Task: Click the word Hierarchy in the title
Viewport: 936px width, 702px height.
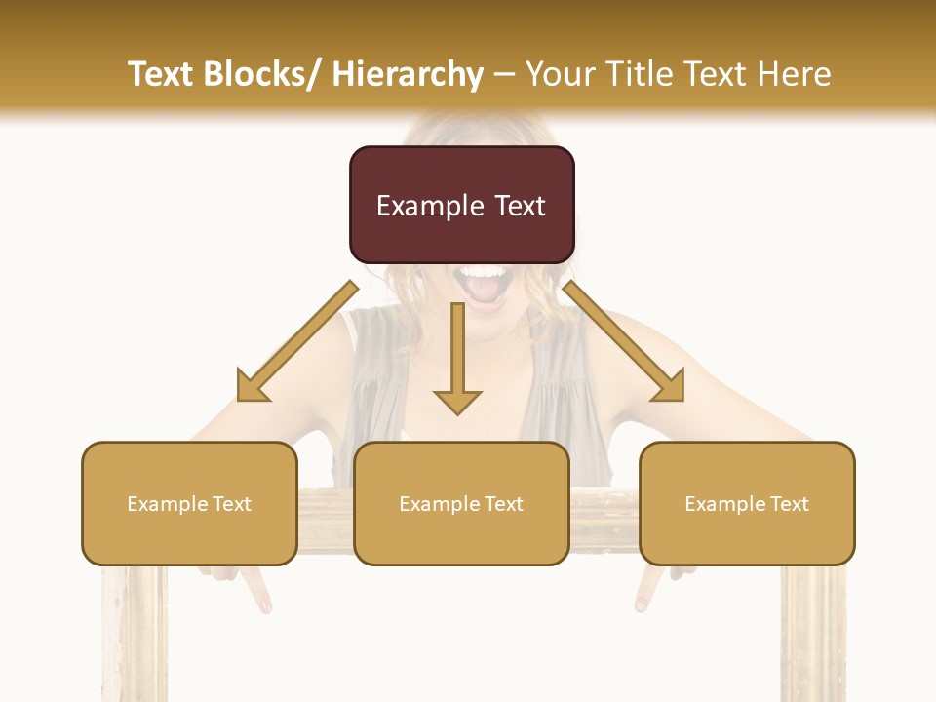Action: (408, 74)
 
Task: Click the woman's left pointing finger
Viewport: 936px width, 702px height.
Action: (257, 591)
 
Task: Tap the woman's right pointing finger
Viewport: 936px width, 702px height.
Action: (644, 591)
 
